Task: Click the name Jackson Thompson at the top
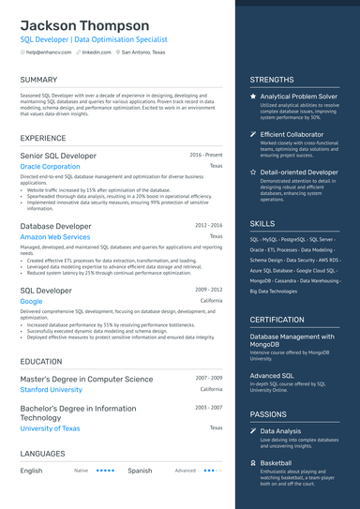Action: point(84,25)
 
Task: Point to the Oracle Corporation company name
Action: point(50,166)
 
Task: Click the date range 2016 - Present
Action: point(205,155)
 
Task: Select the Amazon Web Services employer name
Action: point(55,237)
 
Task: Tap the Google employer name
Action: point(31,302)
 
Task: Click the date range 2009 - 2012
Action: point(208,291)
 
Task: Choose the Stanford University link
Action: point(51,389)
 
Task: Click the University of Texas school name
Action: point(50,427)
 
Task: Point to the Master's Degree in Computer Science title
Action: point(86,379)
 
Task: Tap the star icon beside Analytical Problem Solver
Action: point(253,96)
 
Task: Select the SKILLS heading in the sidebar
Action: point(262,224)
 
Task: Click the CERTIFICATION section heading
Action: point(277,320)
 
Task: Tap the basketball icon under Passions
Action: point(253,462)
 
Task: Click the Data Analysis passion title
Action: point(280,431)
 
